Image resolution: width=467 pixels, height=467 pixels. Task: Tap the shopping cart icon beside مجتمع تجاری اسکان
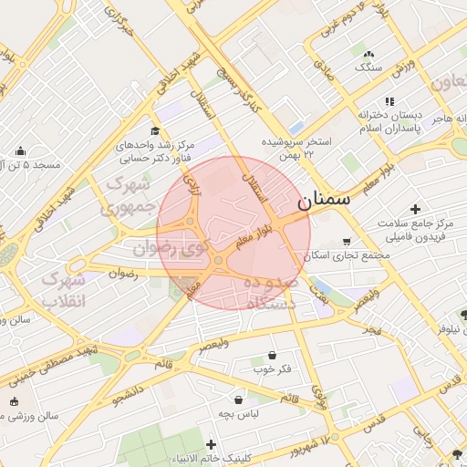347,242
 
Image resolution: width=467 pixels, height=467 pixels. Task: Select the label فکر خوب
273,369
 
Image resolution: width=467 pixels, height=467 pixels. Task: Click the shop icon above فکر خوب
272,355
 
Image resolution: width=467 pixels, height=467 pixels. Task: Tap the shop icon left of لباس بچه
239,400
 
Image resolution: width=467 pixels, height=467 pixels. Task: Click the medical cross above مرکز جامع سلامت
416,210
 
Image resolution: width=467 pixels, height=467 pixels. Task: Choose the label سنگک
368,67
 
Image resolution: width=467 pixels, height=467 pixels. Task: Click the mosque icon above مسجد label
21,151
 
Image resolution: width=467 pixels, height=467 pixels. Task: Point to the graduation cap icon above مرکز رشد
155,131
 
